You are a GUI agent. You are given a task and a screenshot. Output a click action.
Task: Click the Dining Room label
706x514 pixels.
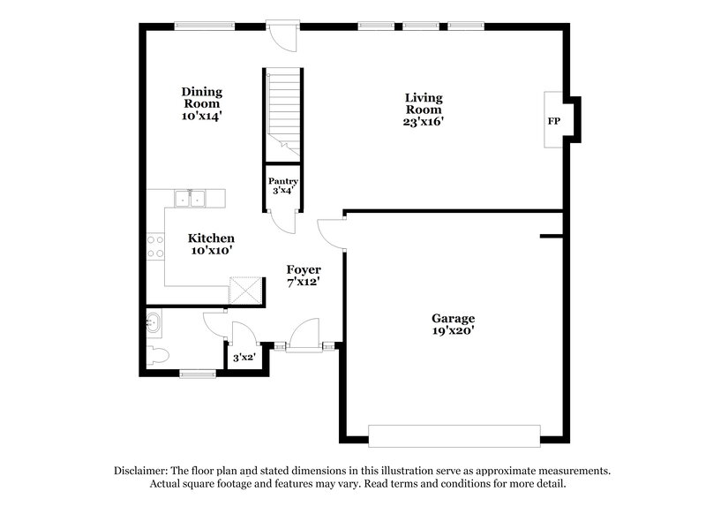click(201, 102)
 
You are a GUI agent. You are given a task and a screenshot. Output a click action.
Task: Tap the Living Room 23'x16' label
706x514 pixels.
click(423, 110)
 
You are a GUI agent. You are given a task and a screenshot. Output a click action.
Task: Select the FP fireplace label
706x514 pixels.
click(554, 120)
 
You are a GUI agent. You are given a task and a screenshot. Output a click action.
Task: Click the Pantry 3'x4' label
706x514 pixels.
click(283, 186)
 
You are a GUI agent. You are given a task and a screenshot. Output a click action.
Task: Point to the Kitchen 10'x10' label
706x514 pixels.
click(212, 244)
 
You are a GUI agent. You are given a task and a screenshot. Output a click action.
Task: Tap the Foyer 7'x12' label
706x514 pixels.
click(303, 276)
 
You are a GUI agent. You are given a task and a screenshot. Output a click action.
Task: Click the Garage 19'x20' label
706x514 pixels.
click(453, 324)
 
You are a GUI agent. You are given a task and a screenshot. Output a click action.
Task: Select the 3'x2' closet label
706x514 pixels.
click(243, 358)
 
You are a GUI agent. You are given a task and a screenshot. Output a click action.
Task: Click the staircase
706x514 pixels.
click(283, 110)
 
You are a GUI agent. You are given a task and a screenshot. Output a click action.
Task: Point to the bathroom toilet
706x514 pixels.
click(159, 357)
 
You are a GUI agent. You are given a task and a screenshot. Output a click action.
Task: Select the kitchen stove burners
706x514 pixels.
click(156, 246)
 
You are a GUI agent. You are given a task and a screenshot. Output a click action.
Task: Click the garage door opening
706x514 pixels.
click(454, 435)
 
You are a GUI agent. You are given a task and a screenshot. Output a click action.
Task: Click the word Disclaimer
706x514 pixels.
click(143, 471)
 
